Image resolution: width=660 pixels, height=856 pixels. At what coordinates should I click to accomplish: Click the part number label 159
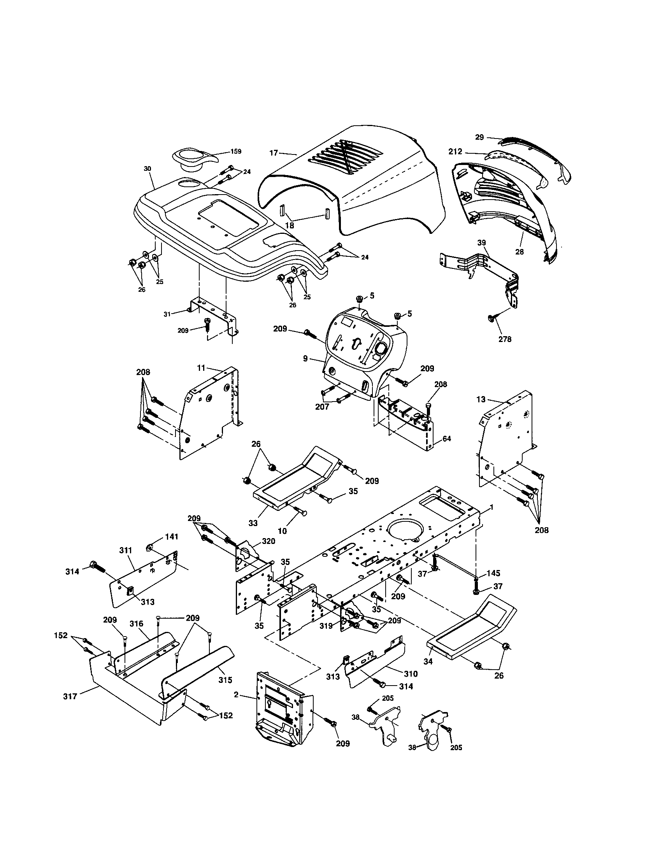236,151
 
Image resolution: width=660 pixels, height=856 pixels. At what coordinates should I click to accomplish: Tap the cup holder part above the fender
191,160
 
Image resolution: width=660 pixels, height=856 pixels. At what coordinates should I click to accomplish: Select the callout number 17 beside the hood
274,153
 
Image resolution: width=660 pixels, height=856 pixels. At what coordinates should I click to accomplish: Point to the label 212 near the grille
455,152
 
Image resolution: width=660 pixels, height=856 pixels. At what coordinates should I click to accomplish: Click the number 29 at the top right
480,137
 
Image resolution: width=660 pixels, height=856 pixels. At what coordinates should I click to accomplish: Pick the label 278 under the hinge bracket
505,339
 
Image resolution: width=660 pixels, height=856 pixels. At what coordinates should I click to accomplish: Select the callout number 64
446,439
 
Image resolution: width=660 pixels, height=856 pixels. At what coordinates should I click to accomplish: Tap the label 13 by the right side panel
481,399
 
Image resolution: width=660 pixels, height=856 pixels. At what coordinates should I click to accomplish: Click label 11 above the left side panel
201,368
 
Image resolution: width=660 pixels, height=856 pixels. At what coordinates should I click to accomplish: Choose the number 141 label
172,537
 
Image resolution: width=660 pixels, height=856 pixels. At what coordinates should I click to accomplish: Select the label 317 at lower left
70,696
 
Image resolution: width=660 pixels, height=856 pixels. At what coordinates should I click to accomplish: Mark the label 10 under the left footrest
282,531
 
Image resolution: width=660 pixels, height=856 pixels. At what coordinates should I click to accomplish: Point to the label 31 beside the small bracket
167,314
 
